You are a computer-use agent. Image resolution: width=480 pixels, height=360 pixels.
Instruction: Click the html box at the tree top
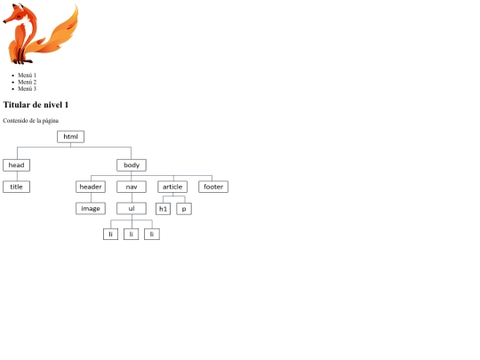(71, 137)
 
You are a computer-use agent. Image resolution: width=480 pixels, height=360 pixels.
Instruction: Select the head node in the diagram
(17, 165)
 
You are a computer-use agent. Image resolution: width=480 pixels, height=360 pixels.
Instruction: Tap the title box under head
(17, 187)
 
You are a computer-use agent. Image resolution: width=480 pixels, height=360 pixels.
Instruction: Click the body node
(132, 165)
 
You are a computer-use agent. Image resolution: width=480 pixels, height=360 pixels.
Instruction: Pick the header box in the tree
(91, 187)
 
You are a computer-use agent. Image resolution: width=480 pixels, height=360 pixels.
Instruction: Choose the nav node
(132, 187)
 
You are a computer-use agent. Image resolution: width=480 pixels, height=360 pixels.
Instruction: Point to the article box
(172, 187)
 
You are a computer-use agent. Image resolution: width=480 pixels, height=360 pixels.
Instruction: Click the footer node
(213, 187)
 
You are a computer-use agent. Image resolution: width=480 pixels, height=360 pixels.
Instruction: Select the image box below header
(91, 209)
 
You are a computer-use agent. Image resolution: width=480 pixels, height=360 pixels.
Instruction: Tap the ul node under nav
(132, 209)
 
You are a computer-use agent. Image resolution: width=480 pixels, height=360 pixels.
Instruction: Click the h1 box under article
(164, 209)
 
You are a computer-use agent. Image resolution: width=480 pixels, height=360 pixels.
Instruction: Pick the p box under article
(184, 209)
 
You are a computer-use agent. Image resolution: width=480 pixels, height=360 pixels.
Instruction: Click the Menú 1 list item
(27, 76)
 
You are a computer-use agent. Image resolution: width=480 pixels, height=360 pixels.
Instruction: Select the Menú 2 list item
(27, 82)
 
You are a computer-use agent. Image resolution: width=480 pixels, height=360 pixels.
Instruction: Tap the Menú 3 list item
(27, 89)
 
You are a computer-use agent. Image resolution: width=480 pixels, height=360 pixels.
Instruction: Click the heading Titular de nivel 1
(36, 105)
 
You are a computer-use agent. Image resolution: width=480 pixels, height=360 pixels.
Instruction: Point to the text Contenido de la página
(30, 121)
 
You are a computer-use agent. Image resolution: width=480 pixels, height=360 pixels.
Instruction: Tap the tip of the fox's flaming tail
(76, 6)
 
